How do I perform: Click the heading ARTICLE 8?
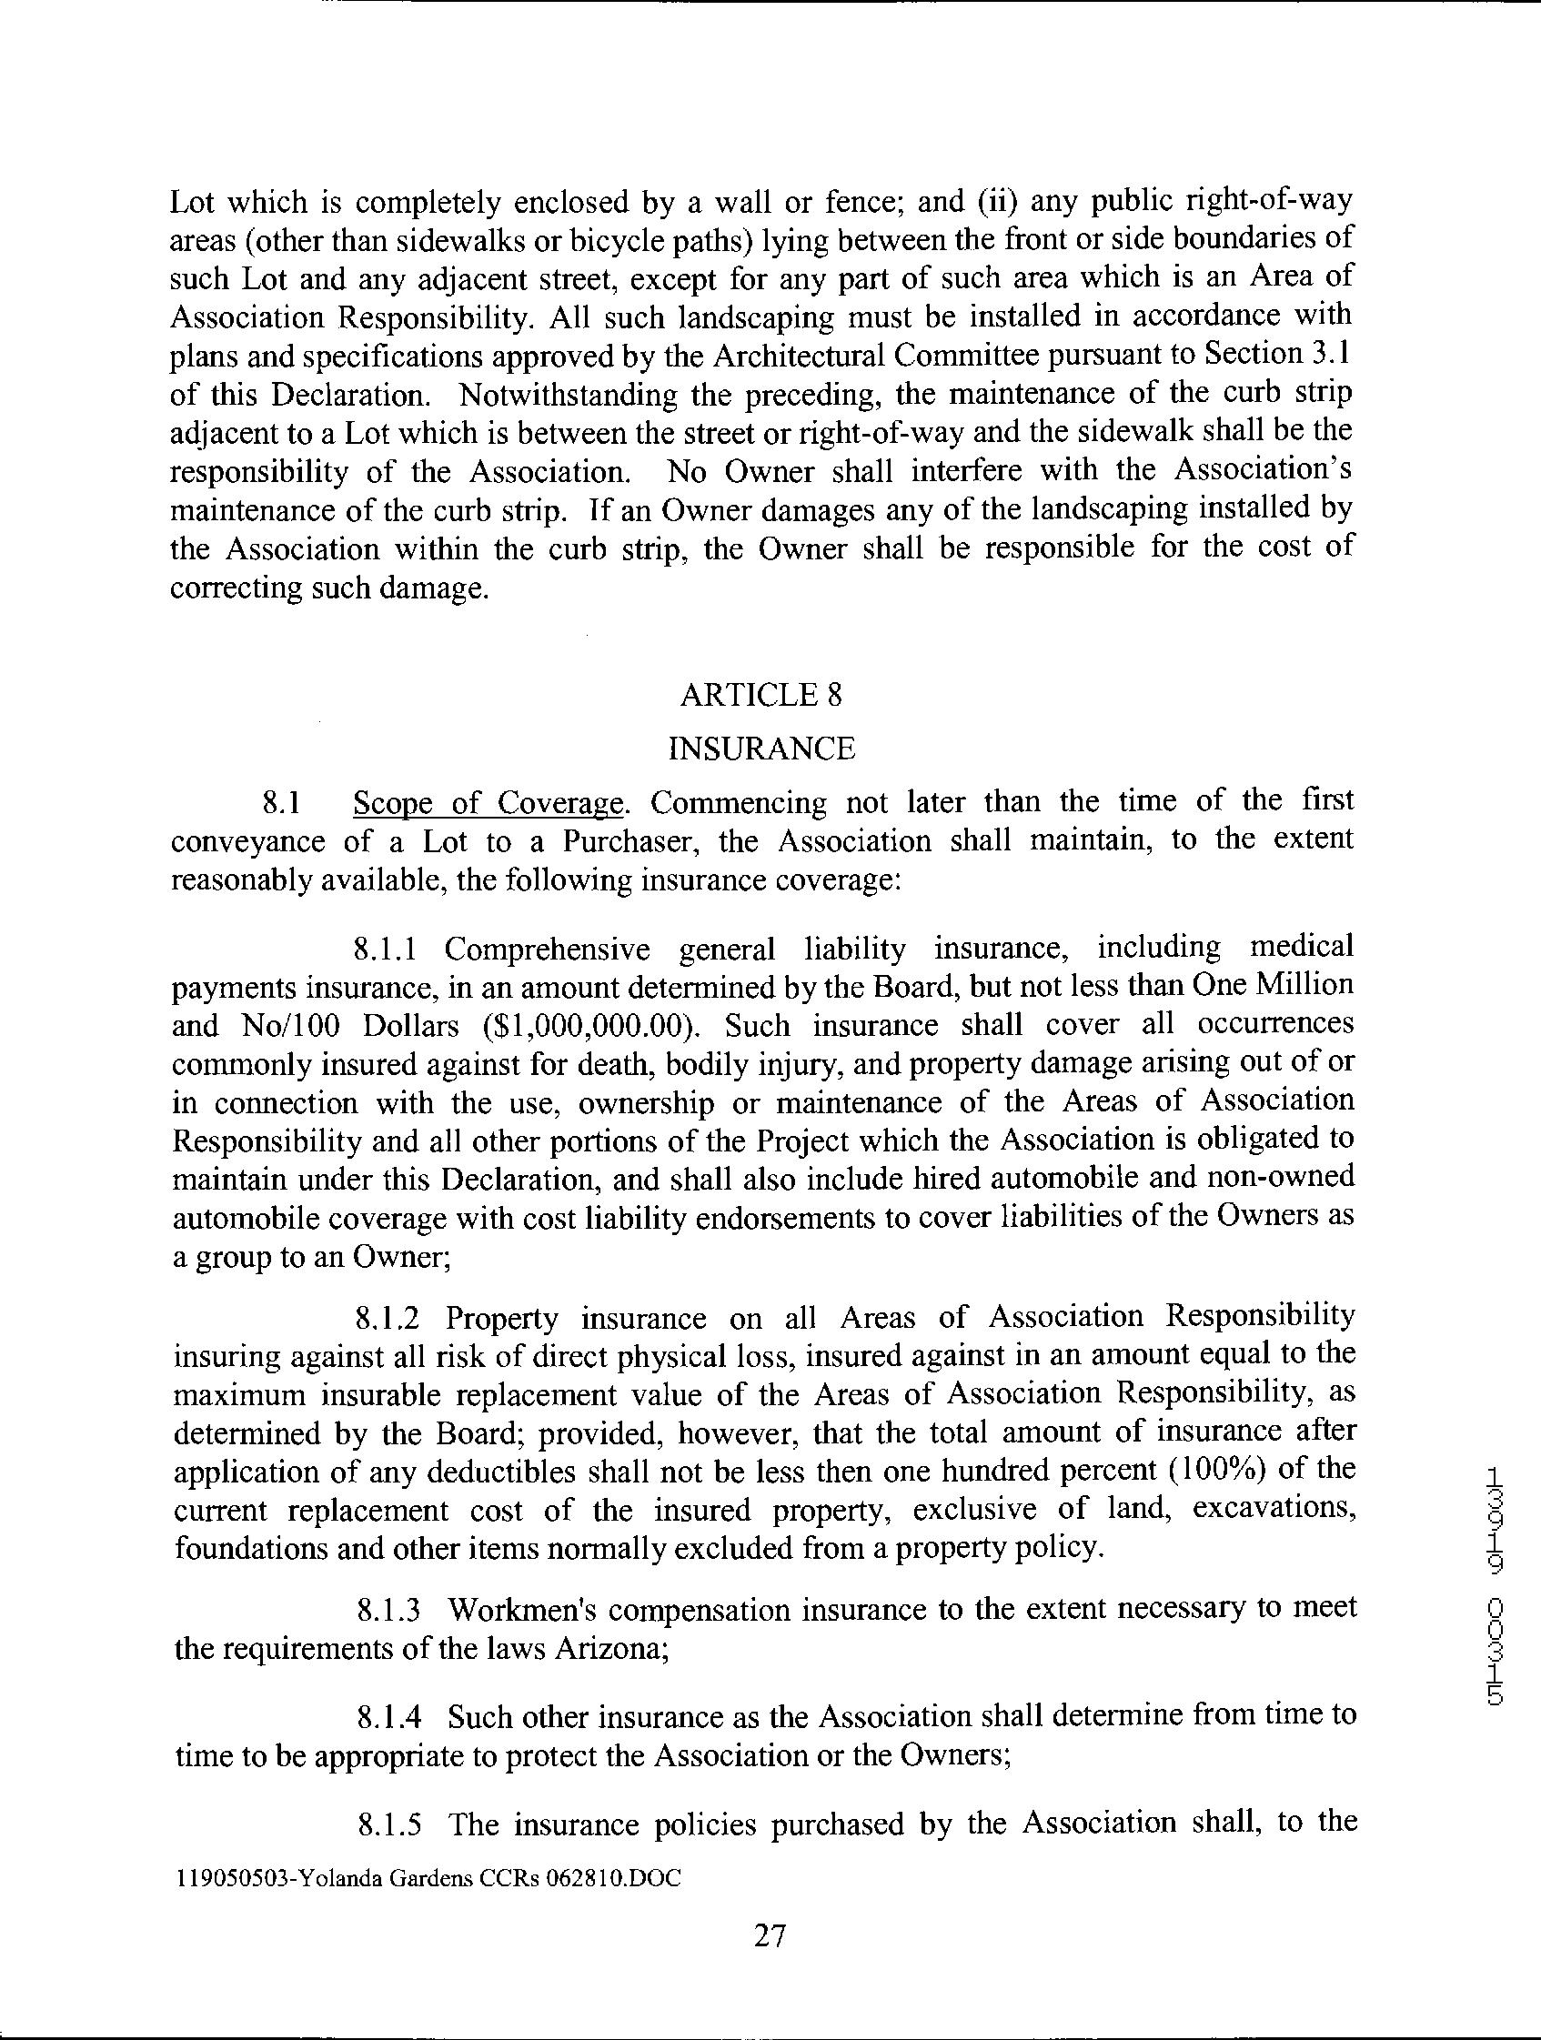(x=760, y=695)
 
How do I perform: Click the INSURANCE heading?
(x=760, y=748)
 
